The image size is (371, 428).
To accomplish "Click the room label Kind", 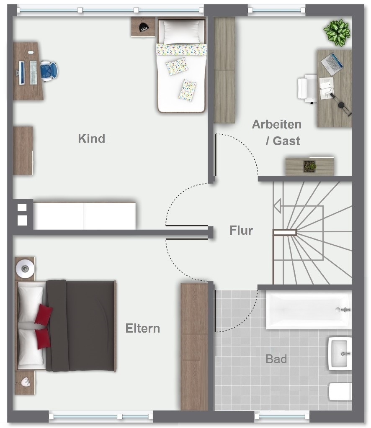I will click(x=91, y=138).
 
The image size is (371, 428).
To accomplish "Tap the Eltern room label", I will click(x=143, y=328).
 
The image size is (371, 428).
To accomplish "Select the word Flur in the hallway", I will click(x=241, y=231).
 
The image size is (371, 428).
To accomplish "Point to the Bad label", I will click(x=276, y=359).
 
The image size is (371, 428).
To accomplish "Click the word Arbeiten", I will click(x=276, y=124).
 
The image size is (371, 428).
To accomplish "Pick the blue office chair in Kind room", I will click(x=49, y=70).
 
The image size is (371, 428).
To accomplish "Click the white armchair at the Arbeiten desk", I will click(x=307, y=88).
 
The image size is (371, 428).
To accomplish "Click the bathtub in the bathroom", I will click(x=309, y=310).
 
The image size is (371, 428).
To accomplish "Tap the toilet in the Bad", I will click(x=340, y=392).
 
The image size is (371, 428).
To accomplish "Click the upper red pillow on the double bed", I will click(x=43, y=314).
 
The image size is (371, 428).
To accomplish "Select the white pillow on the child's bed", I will click(x=181, y=31).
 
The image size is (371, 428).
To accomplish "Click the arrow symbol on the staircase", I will click(x=277, y=206).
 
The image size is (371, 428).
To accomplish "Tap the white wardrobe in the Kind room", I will click(x=85, y=216).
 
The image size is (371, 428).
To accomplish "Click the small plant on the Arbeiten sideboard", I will click(x=310, y=166).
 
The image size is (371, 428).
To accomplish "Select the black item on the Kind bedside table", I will click(x=144, y=27).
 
